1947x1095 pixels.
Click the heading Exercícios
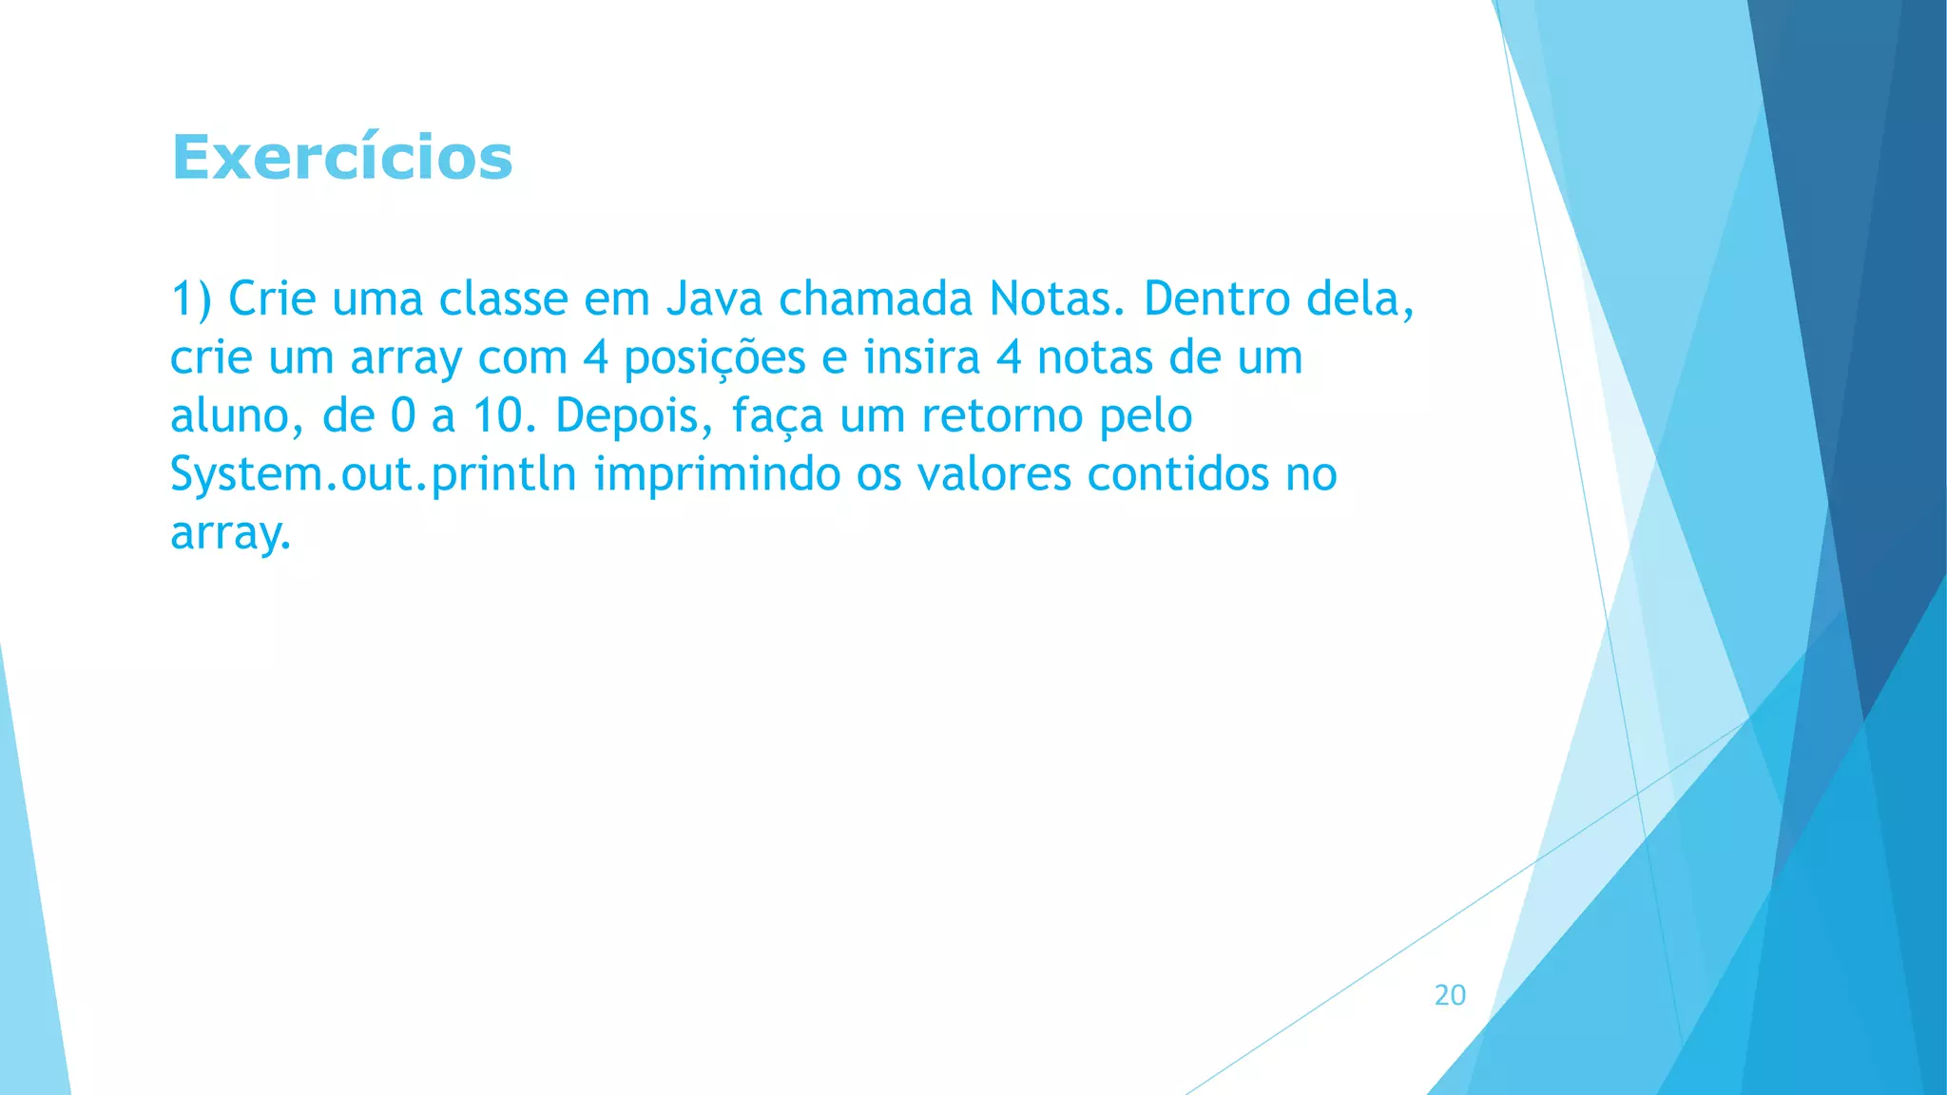(342, 157)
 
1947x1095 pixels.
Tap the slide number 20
(1450, 995)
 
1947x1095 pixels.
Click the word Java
(714, 299)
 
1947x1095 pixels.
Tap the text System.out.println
(373, 474)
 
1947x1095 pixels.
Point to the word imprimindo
(717, 474)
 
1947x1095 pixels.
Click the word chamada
(876, 299)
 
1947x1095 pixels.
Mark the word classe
(503, 299)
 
